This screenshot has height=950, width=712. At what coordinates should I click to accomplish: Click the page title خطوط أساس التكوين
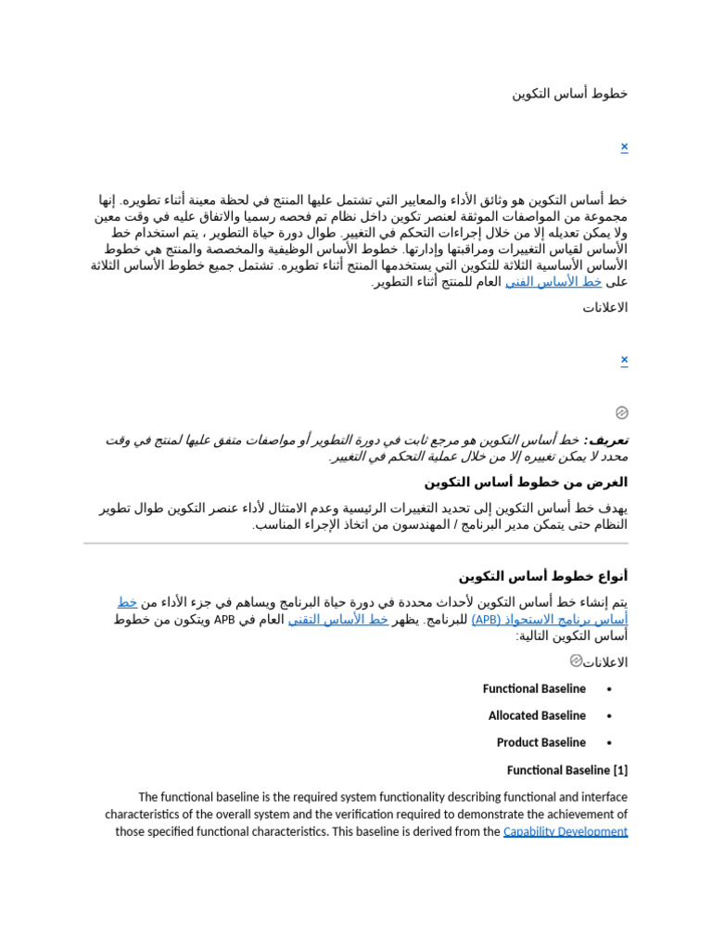pyautogui.click(x=569, y=94)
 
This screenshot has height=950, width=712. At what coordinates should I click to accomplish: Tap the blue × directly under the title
pyautogui.click(x=624, y=147)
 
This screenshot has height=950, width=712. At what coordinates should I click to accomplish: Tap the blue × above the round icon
pyautogui.click(x=624, y=360)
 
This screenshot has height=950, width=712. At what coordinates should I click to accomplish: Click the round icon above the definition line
pyautogui.click(x=622, y=413)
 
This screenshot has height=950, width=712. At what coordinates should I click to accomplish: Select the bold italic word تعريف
pyautogui.click(x=608, y=440)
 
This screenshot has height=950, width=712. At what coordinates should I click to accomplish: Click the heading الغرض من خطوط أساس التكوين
pyautogui.click(x=526, y=482)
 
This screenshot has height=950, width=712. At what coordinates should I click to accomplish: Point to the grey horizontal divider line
pyautogui.click(x=356, y=544)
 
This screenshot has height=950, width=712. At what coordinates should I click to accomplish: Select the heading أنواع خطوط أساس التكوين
pyautogui.click(x=542, y=576)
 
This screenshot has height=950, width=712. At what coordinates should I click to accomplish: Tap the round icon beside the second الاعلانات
pyautogui.click(x=576, y=661)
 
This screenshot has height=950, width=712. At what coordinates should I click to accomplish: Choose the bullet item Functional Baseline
pyautogui.click(x=534, y=689)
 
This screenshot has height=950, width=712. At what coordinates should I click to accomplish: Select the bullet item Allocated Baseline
pyautogui.click(x=537, y=716)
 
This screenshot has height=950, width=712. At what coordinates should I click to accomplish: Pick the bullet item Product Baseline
pyautogui.click(x=540, y=743)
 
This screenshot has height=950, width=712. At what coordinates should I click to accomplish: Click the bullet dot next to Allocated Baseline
pyautogui.click(x=608, y=716)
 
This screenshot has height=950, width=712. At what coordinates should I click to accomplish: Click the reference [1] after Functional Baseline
pyautogui.click(x=620, y=771)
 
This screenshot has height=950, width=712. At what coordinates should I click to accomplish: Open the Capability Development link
pyautogui.click(x=565, y=832)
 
